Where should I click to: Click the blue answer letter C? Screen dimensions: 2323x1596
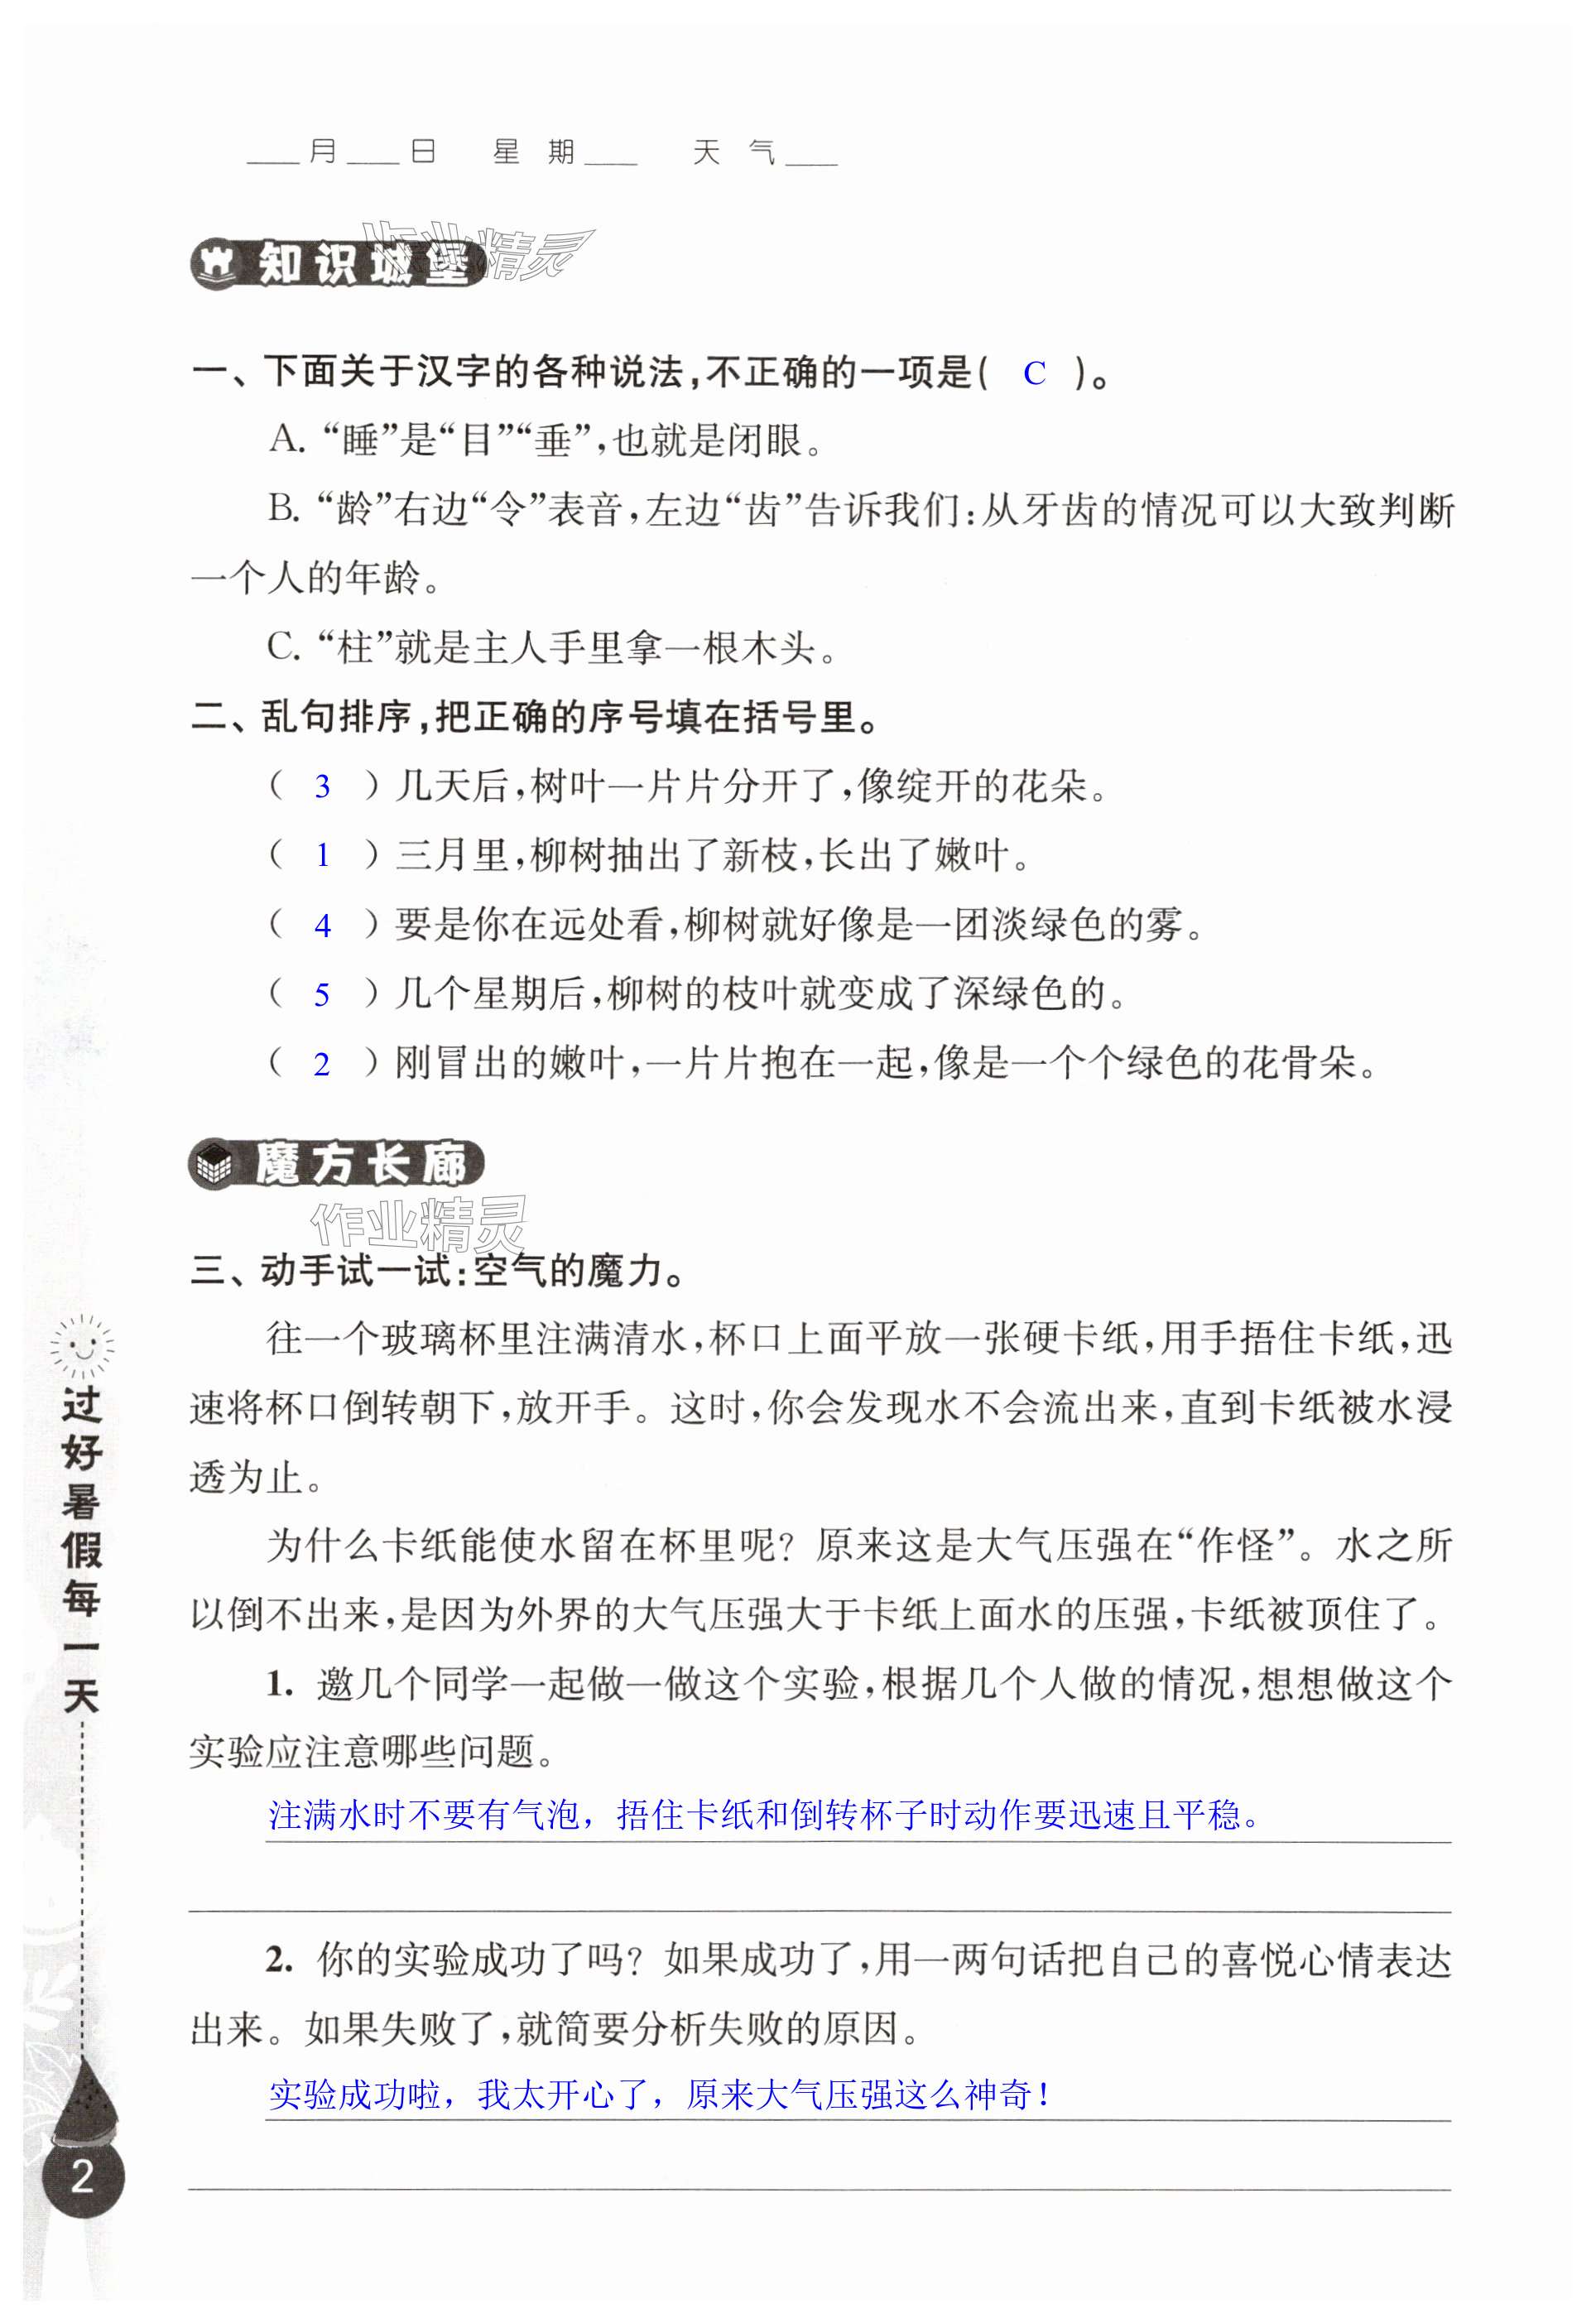pyautogui.click(x=1034, y=373)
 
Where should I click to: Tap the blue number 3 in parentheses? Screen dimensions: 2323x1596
pyautogui.click(x=322, y=787)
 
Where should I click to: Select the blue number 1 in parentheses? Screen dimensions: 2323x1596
pyautogui.click(x=322, y=856)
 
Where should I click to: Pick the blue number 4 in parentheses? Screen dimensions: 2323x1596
pyautogui.click(x=322, y=926)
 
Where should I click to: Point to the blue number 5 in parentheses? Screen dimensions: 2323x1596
pyautogui.click(x=322, y=995)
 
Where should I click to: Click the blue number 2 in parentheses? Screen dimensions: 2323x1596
pyautogui.click(x=322, y=1064)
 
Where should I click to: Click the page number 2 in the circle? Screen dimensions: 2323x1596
pyautogui.click(x=83, y=2177)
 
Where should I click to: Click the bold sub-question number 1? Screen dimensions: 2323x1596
pyautogui.click(x=278, y=1685)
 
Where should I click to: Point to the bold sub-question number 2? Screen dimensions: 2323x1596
pyautogui.click(x=278, y=1961)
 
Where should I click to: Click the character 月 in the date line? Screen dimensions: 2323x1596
pyautogui.click(x=322, y=152)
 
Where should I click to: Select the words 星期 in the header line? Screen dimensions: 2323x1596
pyautogui.click(x=533, y=152)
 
